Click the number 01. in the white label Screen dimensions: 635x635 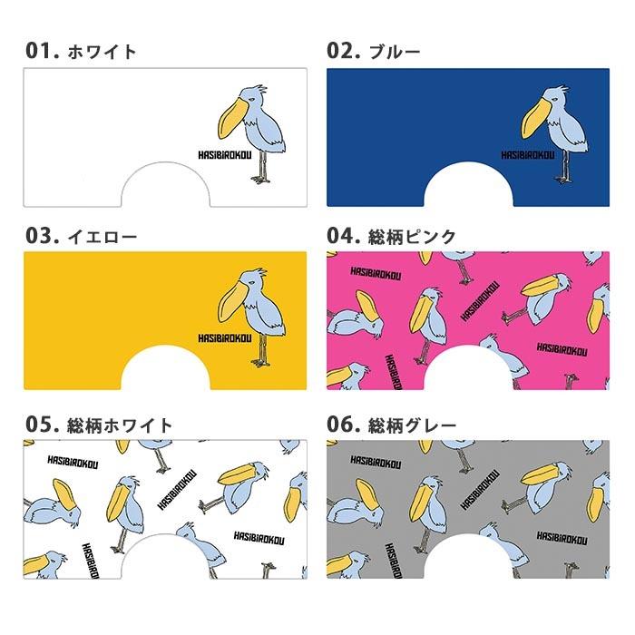coord(42,51)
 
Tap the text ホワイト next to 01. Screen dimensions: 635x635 coord(103,52)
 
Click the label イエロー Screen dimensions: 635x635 coord(103,238)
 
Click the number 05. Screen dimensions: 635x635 coord(42,424)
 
